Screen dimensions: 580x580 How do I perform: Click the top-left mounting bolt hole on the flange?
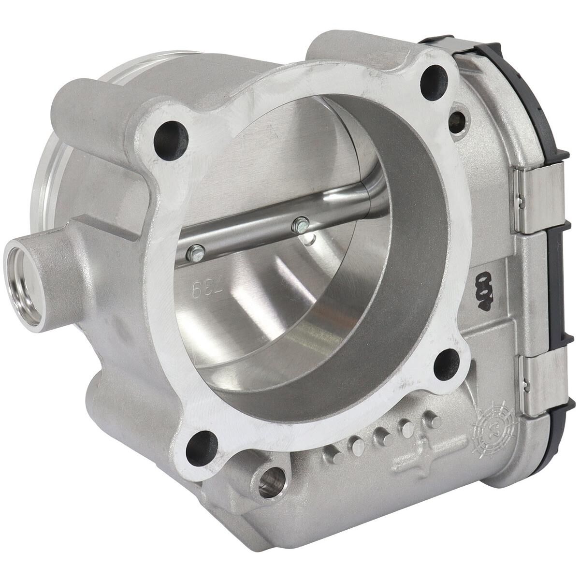tap(170, 136)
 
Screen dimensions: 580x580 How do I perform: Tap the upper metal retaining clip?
tap(539, 198)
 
